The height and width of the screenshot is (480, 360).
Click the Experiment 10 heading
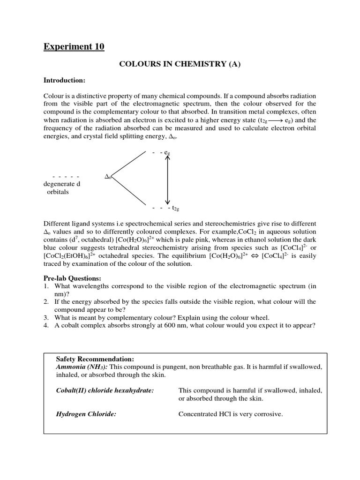click(x=74, y=46)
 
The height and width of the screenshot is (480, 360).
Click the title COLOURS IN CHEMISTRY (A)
click(x=180, y=65)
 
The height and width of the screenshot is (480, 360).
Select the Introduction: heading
click(x=64, y=80)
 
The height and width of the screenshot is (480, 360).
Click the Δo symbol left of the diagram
click(x=108, y=177)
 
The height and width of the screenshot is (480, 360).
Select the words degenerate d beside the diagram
click(x=62, y=184)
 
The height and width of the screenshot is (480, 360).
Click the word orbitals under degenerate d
click(x=58, y=192)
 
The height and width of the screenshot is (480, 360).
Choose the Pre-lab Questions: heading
click(x=72, y=278)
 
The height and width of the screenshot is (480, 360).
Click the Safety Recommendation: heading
click(x=95, y=359)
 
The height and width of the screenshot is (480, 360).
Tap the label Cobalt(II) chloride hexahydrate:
click(x=105, y=390)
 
